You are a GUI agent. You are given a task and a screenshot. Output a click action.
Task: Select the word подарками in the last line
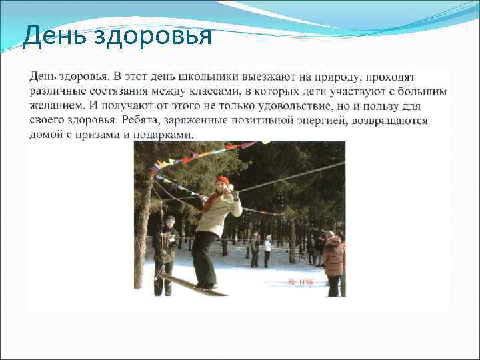(167, 134)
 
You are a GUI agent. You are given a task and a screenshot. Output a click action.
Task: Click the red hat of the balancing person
(223, 181)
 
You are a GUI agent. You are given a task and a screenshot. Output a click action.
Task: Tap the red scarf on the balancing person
(213, 199)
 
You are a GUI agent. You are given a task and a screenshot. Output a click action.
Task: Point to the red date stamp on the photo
(300, 282)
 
